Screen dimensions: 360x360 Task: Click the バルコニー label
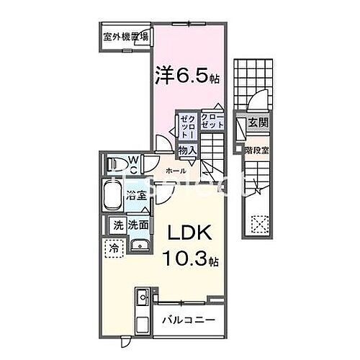click(186, 319)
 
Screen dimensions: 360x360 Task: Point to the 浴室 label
click(138, 195)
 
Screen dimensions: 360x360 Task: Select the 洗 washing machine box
click(117, 225)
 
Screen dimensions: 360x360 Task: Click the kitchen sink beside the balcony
click(141, 296)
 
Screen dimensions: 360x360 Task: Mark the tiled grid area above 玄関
click(253, 80)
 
